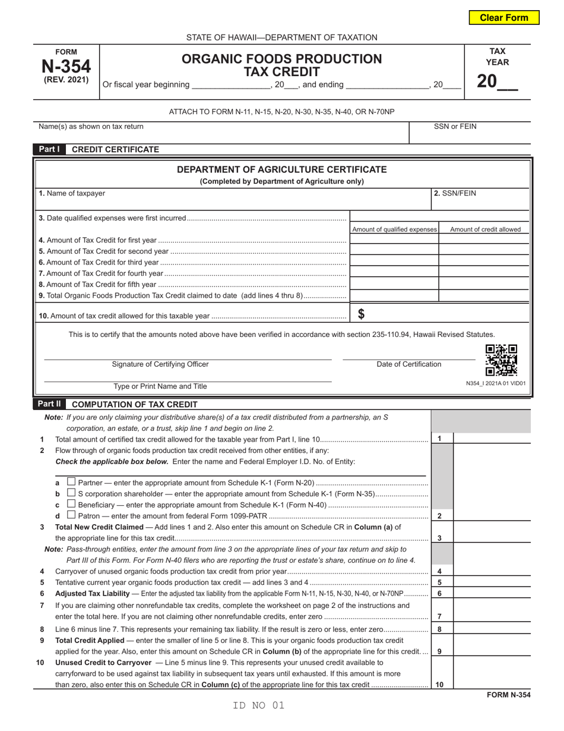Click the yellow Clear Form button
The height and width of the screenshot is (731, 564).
pyautogui.click(x=504, y=17)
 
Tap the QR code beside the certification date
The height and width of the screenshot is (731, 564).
pyautogui.click(x=501, y=360)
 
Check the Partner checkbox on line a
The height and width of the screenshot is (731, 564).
pyautogui.click(x=71, y=481)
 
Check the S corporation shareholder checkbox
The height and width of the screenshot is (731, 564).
pyautogui.click(x=71, y=493)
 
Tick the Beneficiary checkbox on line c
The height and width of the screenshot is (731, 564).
pyautogui.click(x=71, y=504)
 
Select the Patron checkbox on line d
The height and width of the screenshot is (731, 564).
pyautogui.click(x=71, y=515)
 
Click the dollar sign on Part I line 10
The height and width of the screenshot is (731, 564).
pyautogui.click(x=361, y=314)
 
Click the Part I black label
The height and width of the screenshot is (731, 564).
pyautogui.click(x=49, y=149)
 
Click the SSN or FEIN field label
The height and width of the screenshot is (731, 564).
pyautogui.click(x=455, y=126)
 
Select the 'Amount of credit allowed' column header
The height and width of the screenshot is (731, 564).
pyautogui.click(x=485, y=229)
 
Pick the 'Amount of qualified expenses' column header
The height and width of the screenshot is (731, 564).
pyautogui.click(x=394, y=229)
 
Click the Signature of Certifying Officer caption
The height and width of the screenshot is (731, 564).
pyautogui.click(x=160, y=364)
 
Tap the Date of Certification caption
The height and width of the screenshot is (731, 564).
pyautogui.click(x=409, y=364)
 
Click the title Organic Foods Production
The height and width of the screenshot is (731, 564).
pyautogui.click(x=281, y=59)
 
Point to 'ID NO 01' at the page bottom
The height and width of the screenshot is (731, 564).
pyautogui.click(x=259, y=705)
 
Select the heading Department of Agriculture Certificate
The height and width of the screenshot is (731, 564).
pyautogui.click(x=281, y=170)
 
